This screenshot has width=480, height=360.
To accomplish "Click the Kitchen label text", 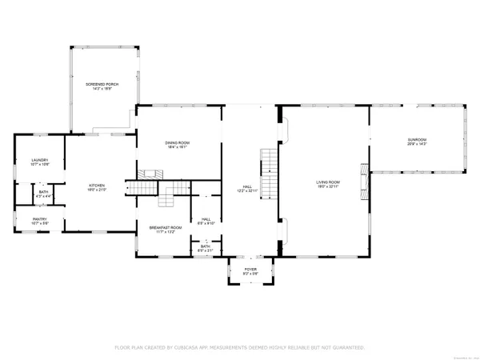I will coord(97,186).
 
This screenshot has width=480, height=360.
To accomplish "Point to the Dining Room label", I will coord(178,142).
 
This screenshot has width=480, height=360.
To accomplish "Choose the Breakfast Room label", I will coord(166,228).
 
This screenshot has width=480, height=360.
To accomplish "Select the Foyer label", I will coord(250,270).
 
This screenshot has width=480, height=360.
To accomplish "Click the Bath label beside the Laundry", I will coord(42,192).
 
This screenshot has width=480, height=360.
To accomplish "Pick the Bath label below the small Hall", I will coord(205,246).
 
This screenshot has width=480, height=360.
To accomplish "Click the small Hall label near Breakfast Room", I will coord(206,219).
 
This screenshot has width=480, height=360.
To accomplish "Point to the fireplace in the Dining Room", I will coord(150,174).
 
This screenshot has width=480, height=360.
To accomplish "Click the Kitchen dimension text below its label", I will coord(97,190).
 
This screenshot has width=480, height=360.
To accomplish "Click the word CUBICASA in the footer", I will coord(200,348).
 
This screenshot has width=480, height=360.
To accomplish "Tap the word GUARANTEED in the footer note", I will coord(346,348).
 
